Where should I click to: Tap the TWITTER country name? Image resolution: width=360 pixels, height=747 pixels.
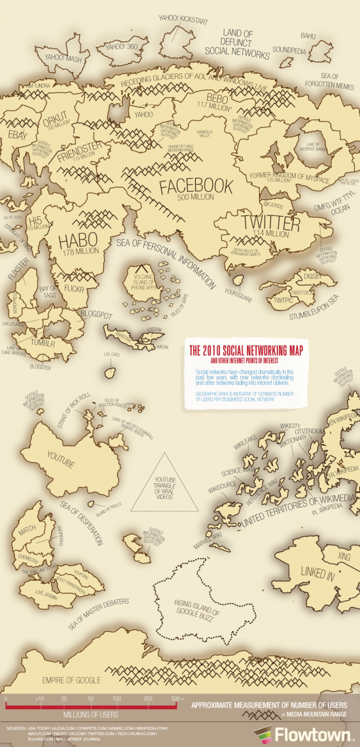271,223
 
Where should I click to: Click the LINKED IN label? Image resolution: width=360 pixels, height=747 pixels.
317,573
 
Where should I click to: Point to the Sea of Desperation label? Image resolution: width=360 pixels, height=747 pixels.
82,524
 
